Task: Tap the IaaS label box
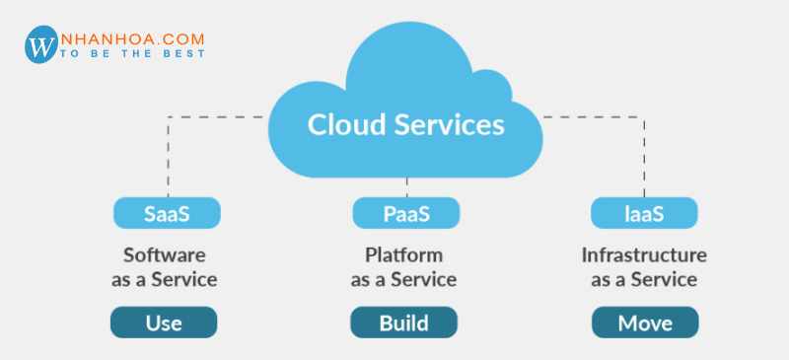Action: (644, 212)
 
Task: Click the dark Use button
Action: (164, 323)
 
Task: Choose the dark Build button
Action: (403, 323)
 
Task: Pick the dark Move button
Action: (644, 323)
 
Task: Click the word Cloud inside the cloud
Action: (345, 125)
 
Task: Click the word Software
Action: (164, 254)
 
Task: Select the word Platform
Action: (403, 254)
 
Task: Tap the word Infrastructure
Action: (644, 254)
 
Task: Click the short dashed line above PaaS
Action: (405, 185)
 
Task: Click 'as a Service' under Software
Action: (164, 279)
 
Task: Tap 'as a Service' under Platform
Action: (403, 279)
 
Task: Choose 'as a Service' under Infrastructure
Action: (644, 279)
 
